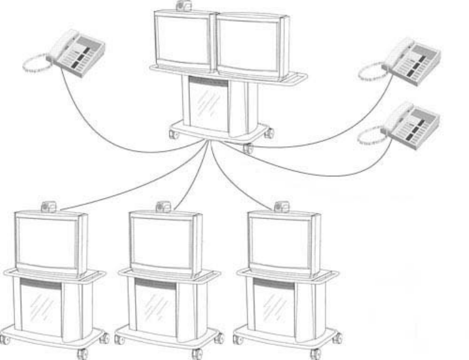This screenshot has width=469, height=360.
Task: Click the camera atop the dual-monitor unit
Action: coord(184,6)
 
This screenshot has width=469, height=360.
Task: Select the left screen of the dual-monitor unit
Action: coord(184,39)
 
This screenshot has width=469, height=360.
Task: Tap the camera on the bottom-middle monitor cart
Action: coord(163,206)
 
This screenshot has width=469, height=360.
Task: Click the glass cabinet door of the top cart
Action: coord(208,103)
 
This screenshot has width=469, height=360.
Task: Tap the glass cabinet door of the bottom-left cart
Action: coord(42,306)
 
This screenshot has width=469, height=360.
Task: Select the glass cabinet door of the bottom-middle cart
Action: coord(156,306)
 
